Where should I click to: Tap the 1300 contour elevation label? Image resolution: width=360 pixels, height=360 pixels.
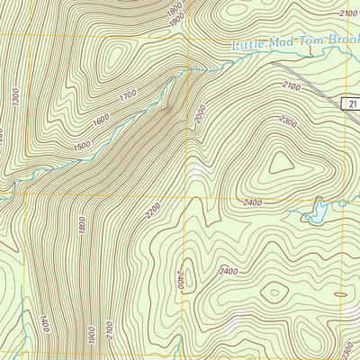tap(16, 99)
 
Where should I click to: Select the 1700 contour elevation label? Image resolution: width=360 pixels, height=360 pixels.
tap(128, 94)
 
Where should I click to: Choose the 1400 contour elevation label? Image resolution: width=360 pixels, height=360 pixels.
tap(42, 322)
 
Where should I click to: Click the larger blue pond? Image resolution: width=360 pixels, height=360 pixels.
tap(316, 212)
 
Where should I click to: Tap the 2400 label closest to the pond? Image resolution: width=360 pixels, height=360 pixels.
tap(253, 203)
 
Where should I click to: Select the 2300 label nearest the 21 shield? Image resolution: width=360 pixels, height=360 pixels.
tap(288, 121)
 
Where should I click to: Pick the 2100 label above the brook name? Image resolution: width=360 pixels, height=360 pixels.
tap(346, 13)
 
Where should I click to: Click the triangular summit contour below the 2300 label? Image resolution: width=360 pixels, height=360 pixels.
tap(278, 161)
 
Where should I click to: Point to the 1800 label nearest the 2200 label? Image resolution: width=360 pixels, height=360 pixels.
tap(82, 225)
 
